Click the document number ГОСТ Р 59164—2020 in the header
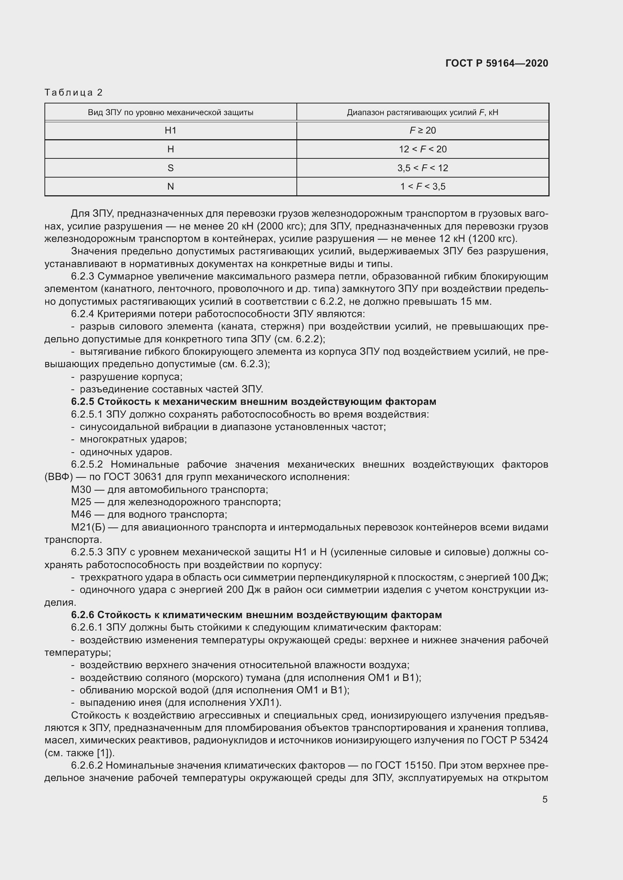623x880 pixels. click(497, 63)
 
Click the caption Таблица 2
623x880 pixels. click(74, 93)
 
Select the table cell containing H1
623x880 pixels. click(170, 131)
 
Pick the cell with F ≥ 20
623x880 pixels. click(422, 131)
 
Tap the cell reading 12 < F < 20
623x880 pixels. click(422, 149)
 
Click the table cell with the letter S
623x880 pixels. click(170, 168)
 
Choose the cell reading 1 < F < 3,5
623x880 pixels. click(422, 187)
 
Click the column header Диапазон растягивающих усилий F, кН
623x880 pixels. click(422, 112)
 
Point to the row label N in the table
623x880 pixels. click(170, 187)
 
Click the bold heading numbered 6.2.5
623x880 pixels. click(253, 402)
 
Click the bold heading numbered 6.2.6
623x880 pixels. click(256, 615)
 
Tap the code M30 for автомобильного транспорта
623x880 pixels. click(81, 490)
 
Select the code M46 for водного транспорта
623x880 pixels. click(81, 514)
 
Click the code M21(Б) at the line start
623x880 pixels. click(88, 527)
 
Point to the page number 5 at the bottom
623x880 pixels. click(545, 799)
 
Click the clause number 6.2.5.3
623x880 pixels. click(87, 552)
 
